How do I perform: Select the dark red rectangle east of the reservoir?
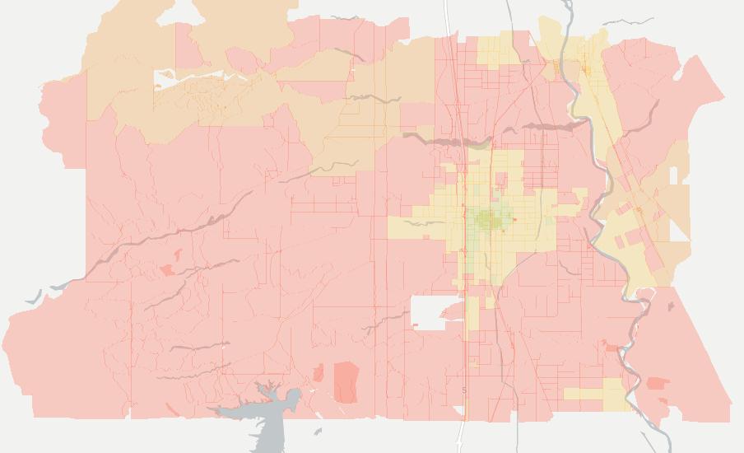point(346,381)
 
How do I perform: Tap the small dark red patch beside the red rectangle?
point(318,375)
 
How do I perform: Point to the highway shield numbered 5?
point(464,390)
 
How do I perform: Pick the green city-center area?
point(492,219)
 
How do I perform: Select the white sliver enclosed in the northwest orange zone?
point(165,79)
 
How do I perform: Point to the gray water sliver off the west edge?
point(33,297)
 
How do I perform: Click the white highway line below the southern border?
point(461,432)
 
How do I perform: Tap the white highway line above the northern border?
point(446,16)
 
